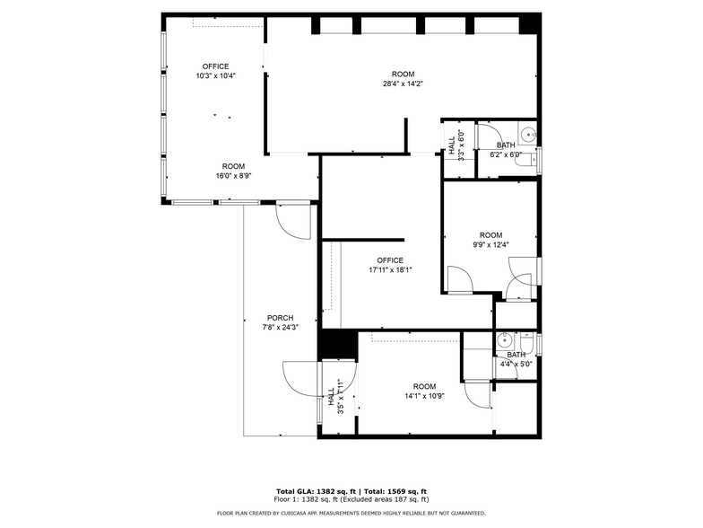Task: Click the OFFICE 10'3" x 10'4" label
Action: click(x=215, y=71)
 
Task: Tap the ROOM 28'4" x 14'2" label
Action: click(x=403, y=79)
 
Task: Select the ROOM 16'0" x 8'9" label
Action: click(x=233, y=171)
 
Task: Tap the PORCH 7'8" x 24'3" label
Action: click(x=280, y=323)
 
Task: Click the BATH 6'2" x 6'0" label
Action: click(x=506, y=150)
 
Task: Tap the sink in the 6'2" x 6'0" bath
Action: click(x=529, y=137)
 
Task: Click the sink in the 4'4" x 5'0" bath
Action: click(x=505, y=340)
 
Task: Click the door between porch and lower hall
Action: click(x=301, y=377)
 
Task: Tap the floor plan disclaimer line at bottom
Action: click(x=351, y=513)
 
